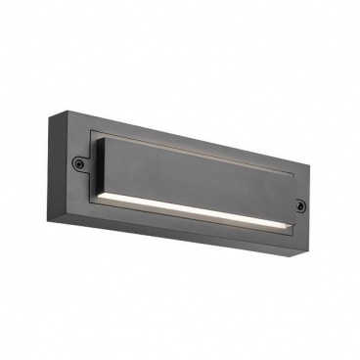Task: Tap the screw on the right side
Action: pos(300,204)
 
